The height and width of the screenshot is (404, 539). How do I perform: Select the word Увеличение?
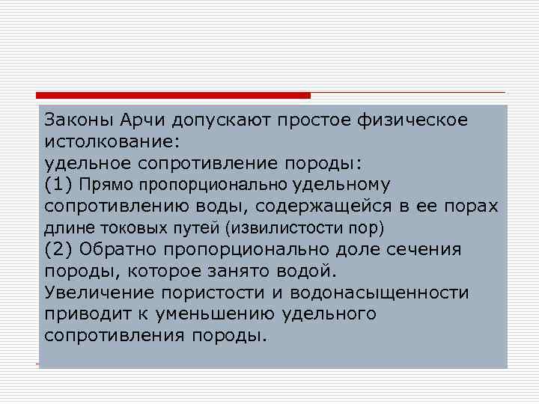click(97, 292)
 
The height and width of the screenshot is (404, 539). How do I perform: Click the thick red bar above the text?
click(173, 96)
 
